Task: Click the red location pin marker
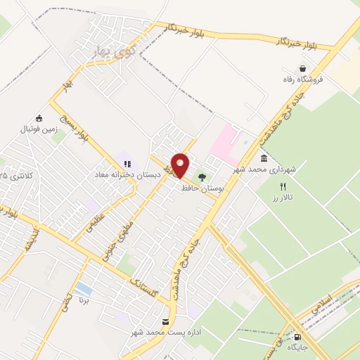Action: (180, 165)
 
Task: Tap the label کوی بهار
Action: (112, 51)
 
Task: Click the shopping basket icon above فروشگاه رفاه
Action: (302, 69)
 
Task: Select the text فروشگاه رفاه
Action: (303, 79)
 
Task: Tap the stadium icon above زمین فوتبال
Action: (39, 117)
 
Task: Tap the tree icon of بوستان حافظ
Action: (202, 177)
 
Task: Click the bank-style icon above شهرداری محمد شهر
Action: (263, 159)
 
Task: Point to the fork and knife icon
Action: (283, 187)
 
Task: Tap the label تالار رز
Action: (283, 198)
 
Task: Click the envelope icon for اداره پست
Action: (165, 321)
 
